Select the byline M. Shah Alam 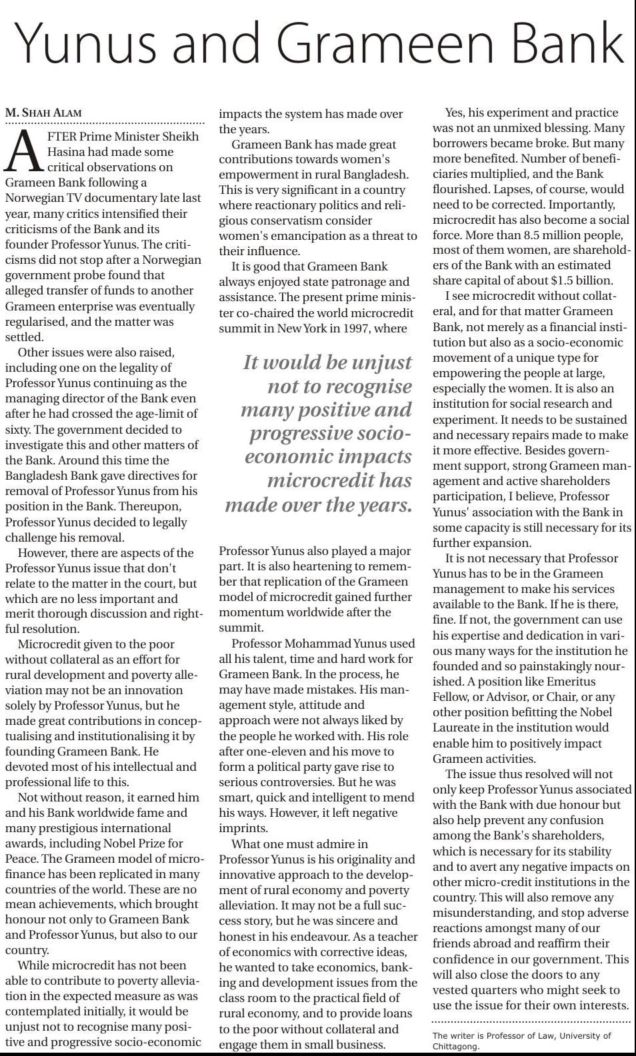click(43, 113)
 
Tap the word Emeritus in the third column click(571, 682)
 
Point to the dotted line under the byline click(105, 123)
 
